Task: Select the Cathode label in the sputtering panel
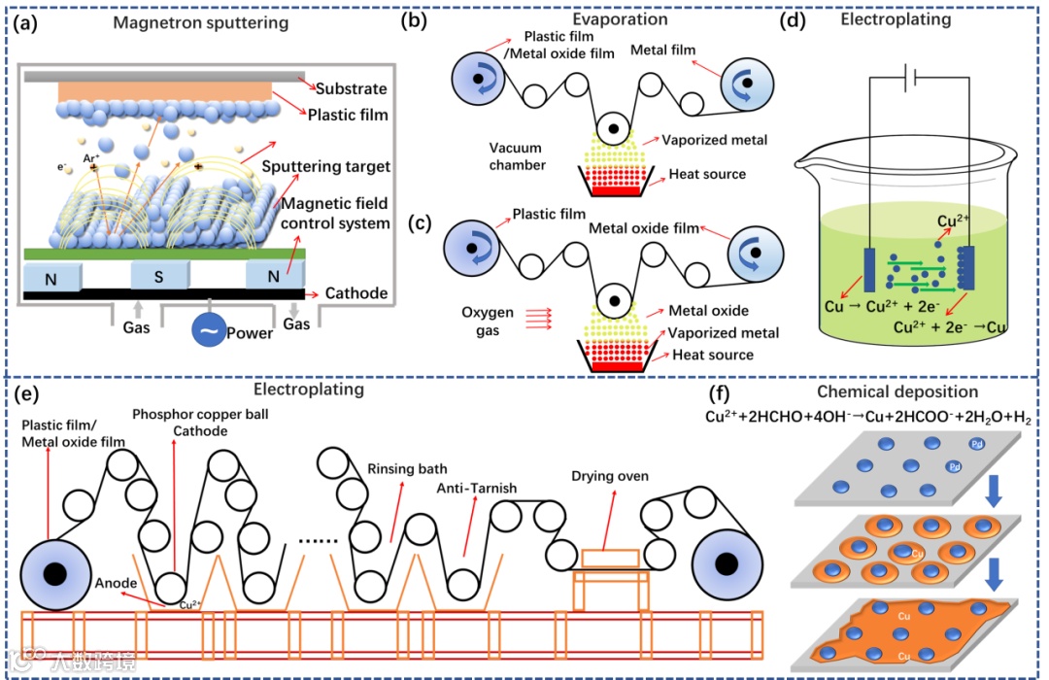click(355, 293)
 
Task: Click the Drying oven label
click(610, 476)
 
